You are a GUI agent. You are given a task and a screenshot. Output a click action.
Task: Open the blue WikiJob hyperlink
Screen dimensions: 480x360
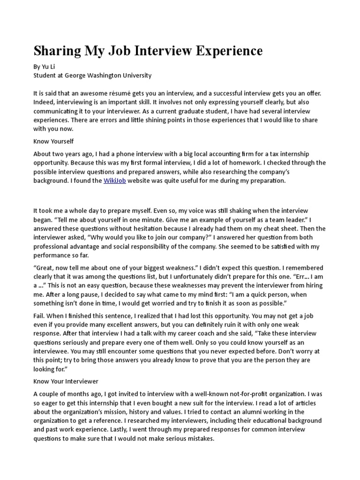[115, 180]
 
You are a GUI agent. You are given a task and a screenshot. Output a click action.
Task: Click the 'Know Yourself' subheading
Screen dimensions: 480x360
[53, 141]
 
